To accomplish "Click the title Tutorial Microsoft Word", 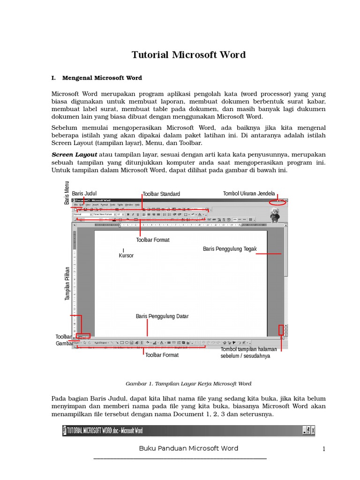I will click(x=188, y=55).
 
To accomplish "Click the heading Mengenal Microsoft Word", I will click(x=102, y=78).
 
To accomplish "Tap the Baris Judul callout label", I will click(x=84, y=193).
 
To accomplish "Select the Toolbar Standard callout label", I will click(x=161, y=194).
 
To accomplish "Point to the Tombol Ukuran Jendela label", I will click(x=248, y=193).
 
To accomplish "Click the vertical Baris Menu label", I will click(x=67, y=193).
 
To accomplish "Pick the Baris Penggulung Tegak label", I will click(x=230, y=249).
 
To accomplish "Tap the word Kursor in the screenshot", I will click(x=126, y=255).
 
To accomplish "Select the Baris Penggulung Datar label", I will click(x=162, y=316).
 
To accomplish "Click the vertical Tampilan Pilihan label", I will click(x=67, y=284).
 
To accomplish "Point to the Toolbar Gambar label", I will click(x=64, y=340).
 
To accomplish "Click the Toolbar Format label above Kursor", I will click(x=153, y=240).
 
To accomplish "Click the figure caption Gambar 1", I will click(x=188, y=383).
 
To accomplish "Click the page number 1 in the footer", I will click(x=323, y=450).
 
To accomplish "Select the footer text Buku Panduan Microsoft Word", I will click(x=188, y=449).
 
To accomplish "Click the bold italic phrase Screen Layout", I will click(x=74, y=155).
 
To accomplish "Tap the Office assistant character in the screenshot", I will click(x=275, y=215).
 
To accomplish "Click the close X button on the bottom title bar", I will click(x=313, y=430).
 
